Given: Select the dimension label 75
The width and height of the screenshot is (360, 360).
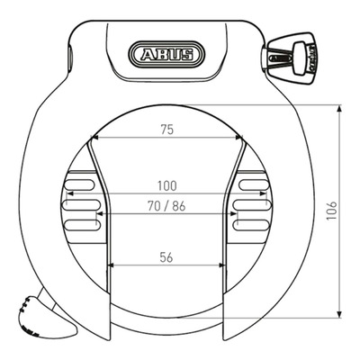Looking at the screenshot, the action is click(x=167, y=130).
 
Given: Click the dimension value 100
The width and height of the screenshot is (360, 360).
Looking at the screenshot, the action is click(x=167, y=186).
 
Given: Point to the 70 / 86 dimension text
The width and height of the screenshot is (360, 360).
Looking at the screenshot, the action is click(x=166, y=206).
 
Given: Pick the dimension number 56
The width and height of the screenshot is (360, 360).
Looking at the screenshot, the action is click(x=166, y=257).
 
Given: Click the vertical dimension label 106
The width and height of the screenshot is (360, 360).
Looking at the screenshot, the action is click(x=332, y=211).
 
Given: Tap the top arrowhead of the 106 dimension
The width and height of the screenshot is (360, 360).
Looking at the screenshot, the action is click(x=339, y=108).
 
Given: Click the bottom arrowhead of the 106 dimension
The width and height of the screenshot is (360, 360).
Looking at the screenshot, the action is click(x=339, y=314).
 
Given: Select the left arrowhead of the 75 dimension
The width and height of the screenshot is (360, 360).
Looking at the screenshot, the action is click(x=94, y=138).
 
